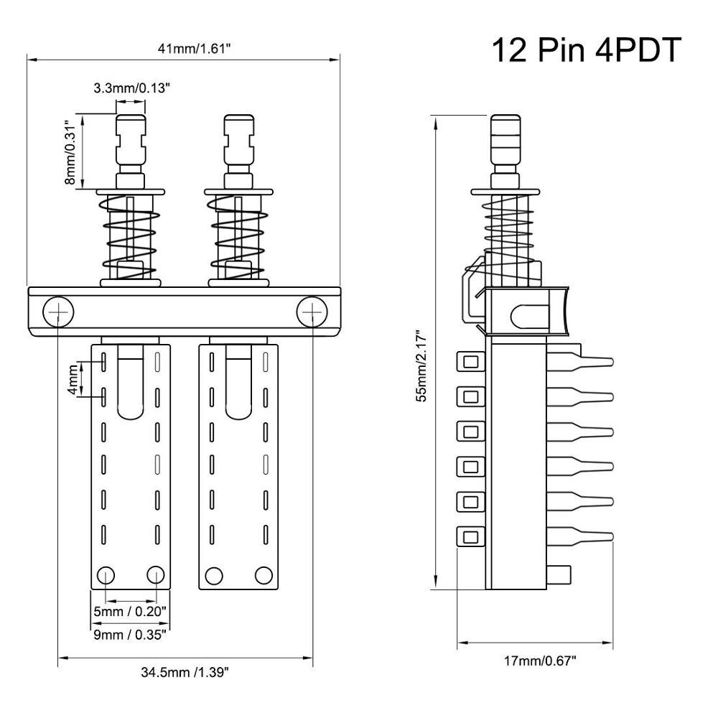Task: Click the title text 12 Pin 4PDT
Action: [584, 51]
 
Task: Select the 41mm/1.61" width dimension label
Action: [183, 49]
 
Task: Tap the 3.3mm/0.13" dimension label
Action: [131, 88]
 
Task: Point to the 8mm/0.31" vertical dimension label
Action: [70, 151]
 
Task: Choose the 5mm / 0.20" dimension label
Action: [131, 611]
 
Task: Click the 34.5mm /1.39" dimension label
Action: [185, 673]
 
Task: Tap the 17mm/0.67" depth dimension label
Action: [540, 660]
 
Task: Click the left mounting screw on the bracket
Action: [58, 312]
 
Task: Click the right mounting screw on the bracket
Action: [312, 312]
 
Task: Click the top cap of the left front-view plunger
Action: [131, 126]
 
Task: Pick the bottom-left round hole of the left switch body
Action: [106, 574]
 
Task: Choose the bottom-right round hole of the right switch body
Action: [264, 574]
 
